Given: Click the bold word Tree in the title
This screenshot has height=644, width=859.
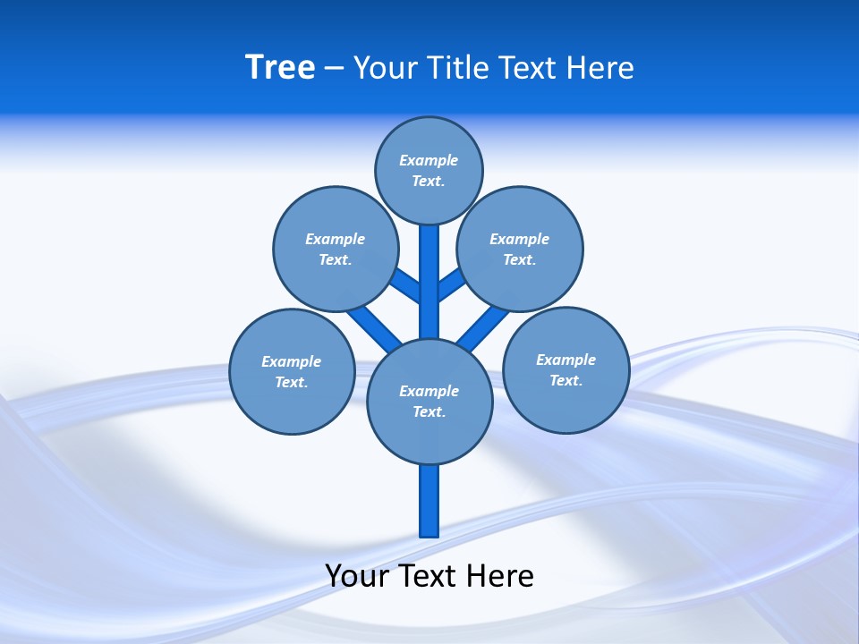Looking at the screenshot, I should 280,67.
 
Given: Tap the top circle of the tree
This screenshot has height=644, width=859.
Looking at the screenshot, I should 429,170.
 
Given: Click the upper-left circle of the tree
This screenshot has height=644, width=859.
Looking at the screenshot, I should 335,249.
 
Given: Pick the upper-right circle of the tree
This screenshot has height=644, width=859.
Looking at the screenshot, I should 520,249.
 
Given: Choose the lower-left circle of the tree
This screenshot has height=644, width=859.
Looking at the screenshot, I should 292,371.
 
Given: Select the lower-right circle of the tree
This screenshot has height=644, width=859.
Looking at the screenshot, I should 566,369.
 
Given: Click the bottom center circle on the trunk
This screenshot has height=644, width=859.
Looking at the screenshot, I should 429,401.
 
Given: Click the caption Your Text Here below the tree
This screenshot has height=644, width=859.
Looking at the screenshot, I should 429,576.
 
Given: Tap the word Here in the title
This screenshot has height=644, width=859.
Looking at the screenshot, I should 598,68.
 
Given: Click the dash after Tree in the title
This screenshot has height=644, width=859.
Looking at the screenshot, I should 334,68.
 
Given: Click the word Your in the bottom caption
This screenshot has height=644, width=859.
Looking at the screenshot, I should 357,576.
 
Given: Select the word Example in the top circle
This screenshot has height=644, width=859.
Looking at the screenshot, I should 429,160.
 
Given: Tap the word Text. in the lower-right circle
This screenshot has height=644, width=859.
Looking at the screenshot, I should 566,380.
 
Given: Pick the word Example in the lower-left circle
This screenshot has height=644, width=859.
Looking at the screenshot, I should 291,361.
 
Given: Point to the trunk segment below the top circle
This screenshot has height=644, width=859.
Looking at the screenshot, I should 429,277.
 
